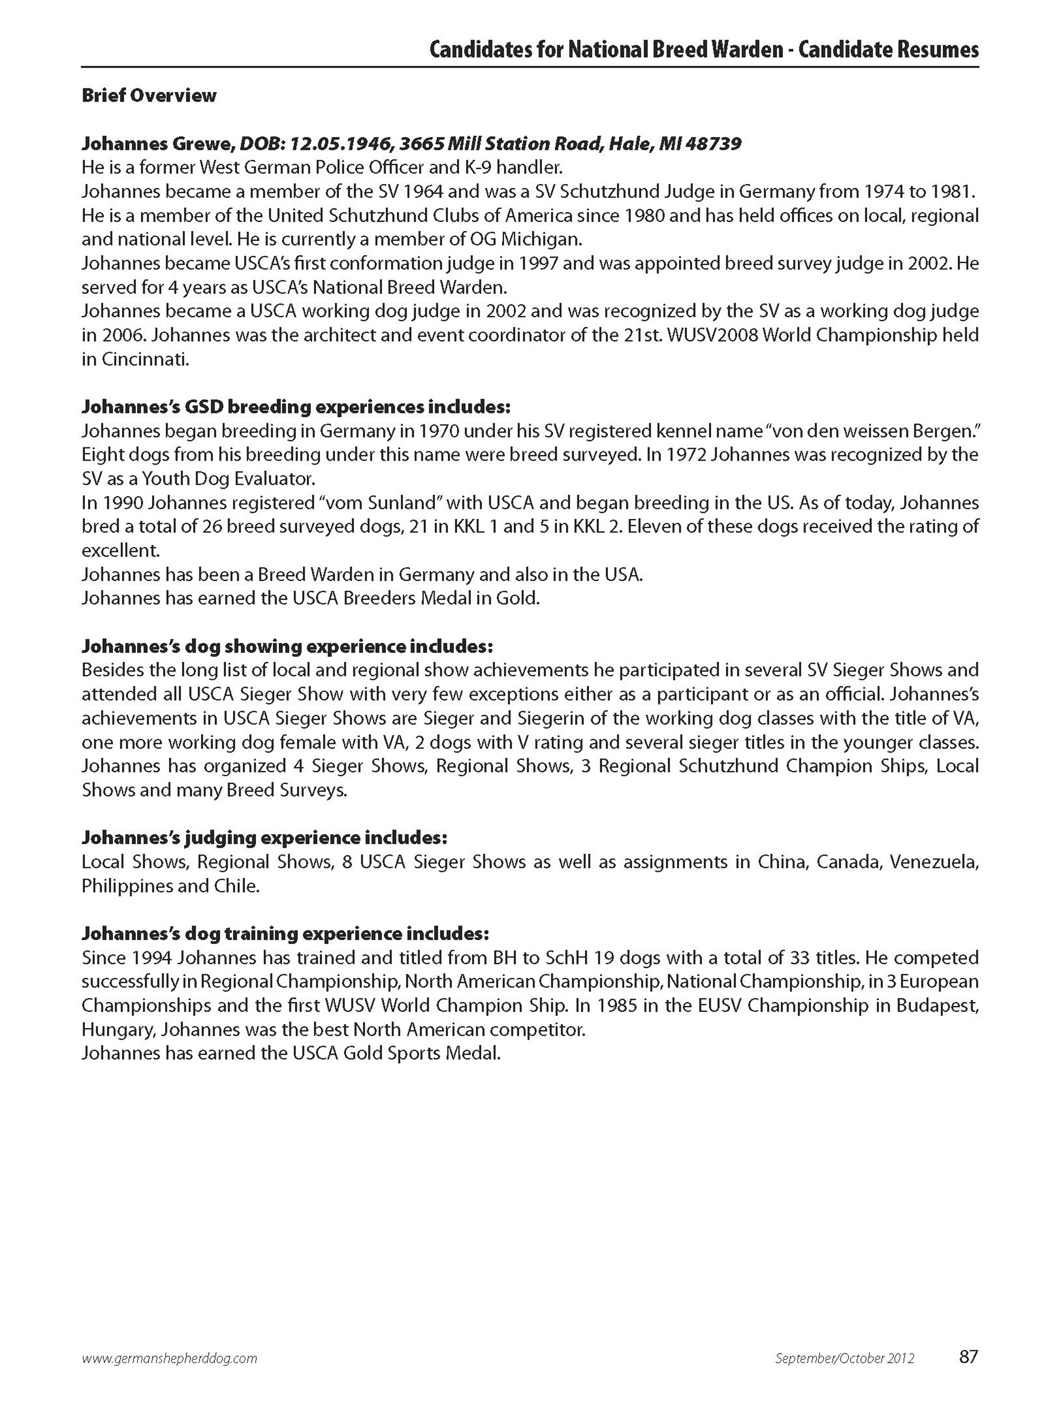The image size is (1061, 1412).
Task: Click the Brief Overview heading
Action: pos(149,96)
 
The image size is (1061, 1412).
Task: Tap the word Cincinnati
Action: pos(145,360)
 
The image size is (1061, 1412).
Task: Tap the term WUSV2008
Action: pos(700,335)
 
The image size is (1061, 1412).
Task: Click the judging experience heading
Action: pos(264,837)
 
